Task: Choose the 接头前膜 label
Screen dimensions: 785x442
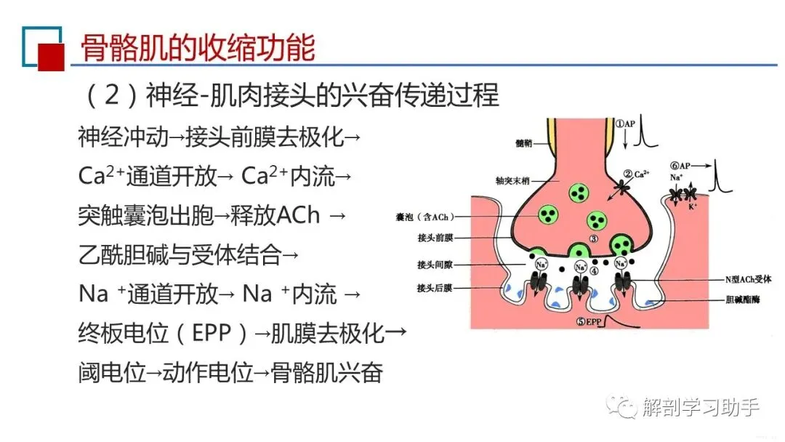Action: tap(435, 238)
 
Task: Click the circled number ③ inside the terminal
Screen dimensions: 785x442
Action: tap(594, 238)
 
